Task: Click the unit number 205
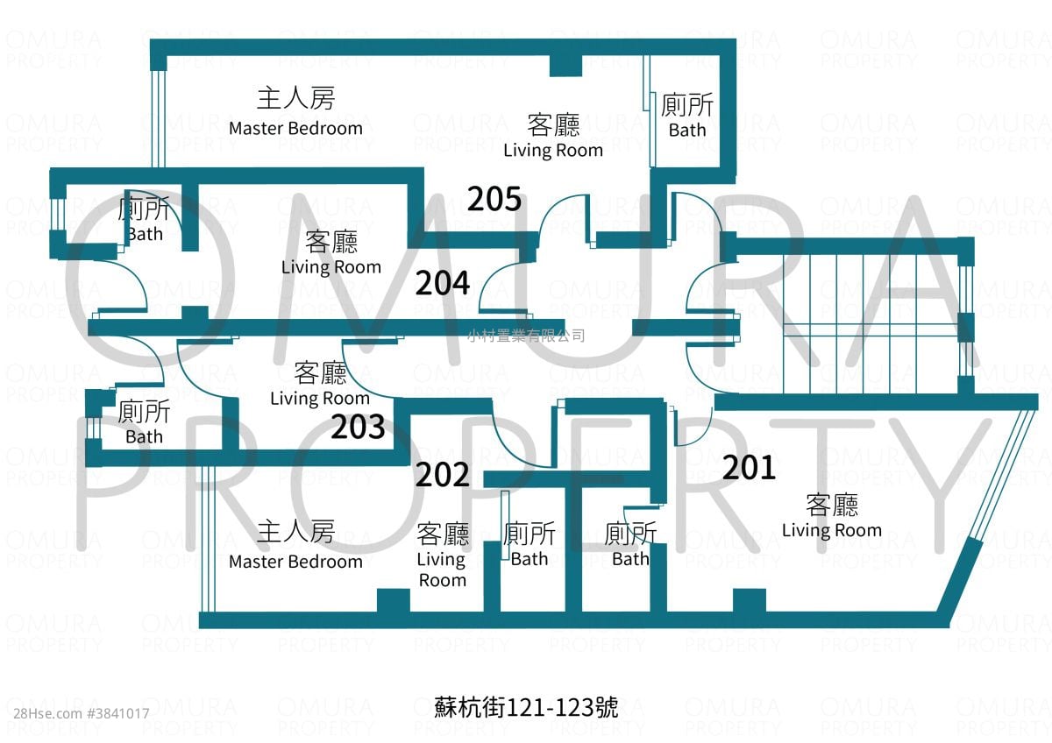(494, 199)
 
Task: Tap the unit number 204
(443, 283)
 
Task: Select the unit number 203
(358, 427)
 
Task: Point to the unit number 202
(443, 475)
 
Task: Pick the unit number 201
(749, 468)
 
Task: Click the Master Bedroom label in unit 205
(296, 111)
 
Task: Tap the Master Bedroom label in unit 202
(296, 545)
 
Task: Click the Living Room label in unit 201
(832, 516)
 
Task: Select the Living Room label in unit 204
(331, 253)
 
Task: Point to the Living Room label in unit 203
(320, 385)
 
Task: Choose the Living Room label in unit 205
(553, 136)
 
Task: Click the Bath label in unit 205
(687, 116)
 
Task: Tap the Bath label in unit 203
(144, 422)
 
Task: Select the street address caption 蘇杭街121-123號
(526, 707)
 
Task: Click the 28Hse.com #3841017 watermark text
(82, 714)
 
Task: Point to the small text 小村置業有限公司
(526, 336)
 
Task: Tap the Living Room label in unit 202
(443, 555)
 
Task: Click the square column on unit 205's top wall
(566, 66)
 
